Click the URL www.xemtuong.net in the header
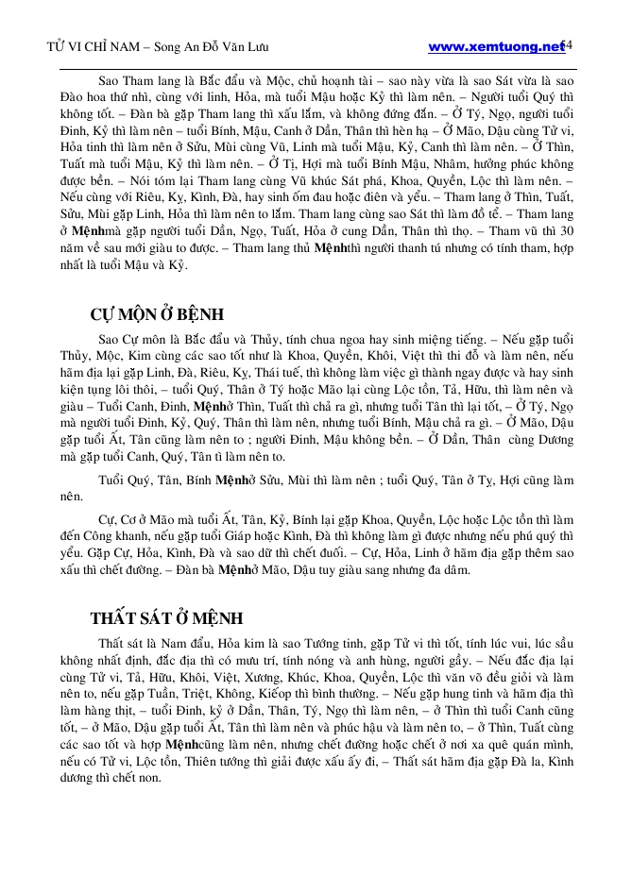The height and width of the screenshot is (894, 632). click(495, 45)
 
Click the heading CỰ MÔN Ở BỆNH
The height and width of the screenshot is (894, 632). click(157, 314)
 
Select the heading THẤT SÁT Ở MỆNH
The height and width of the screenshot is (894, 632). click(166, 618)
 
